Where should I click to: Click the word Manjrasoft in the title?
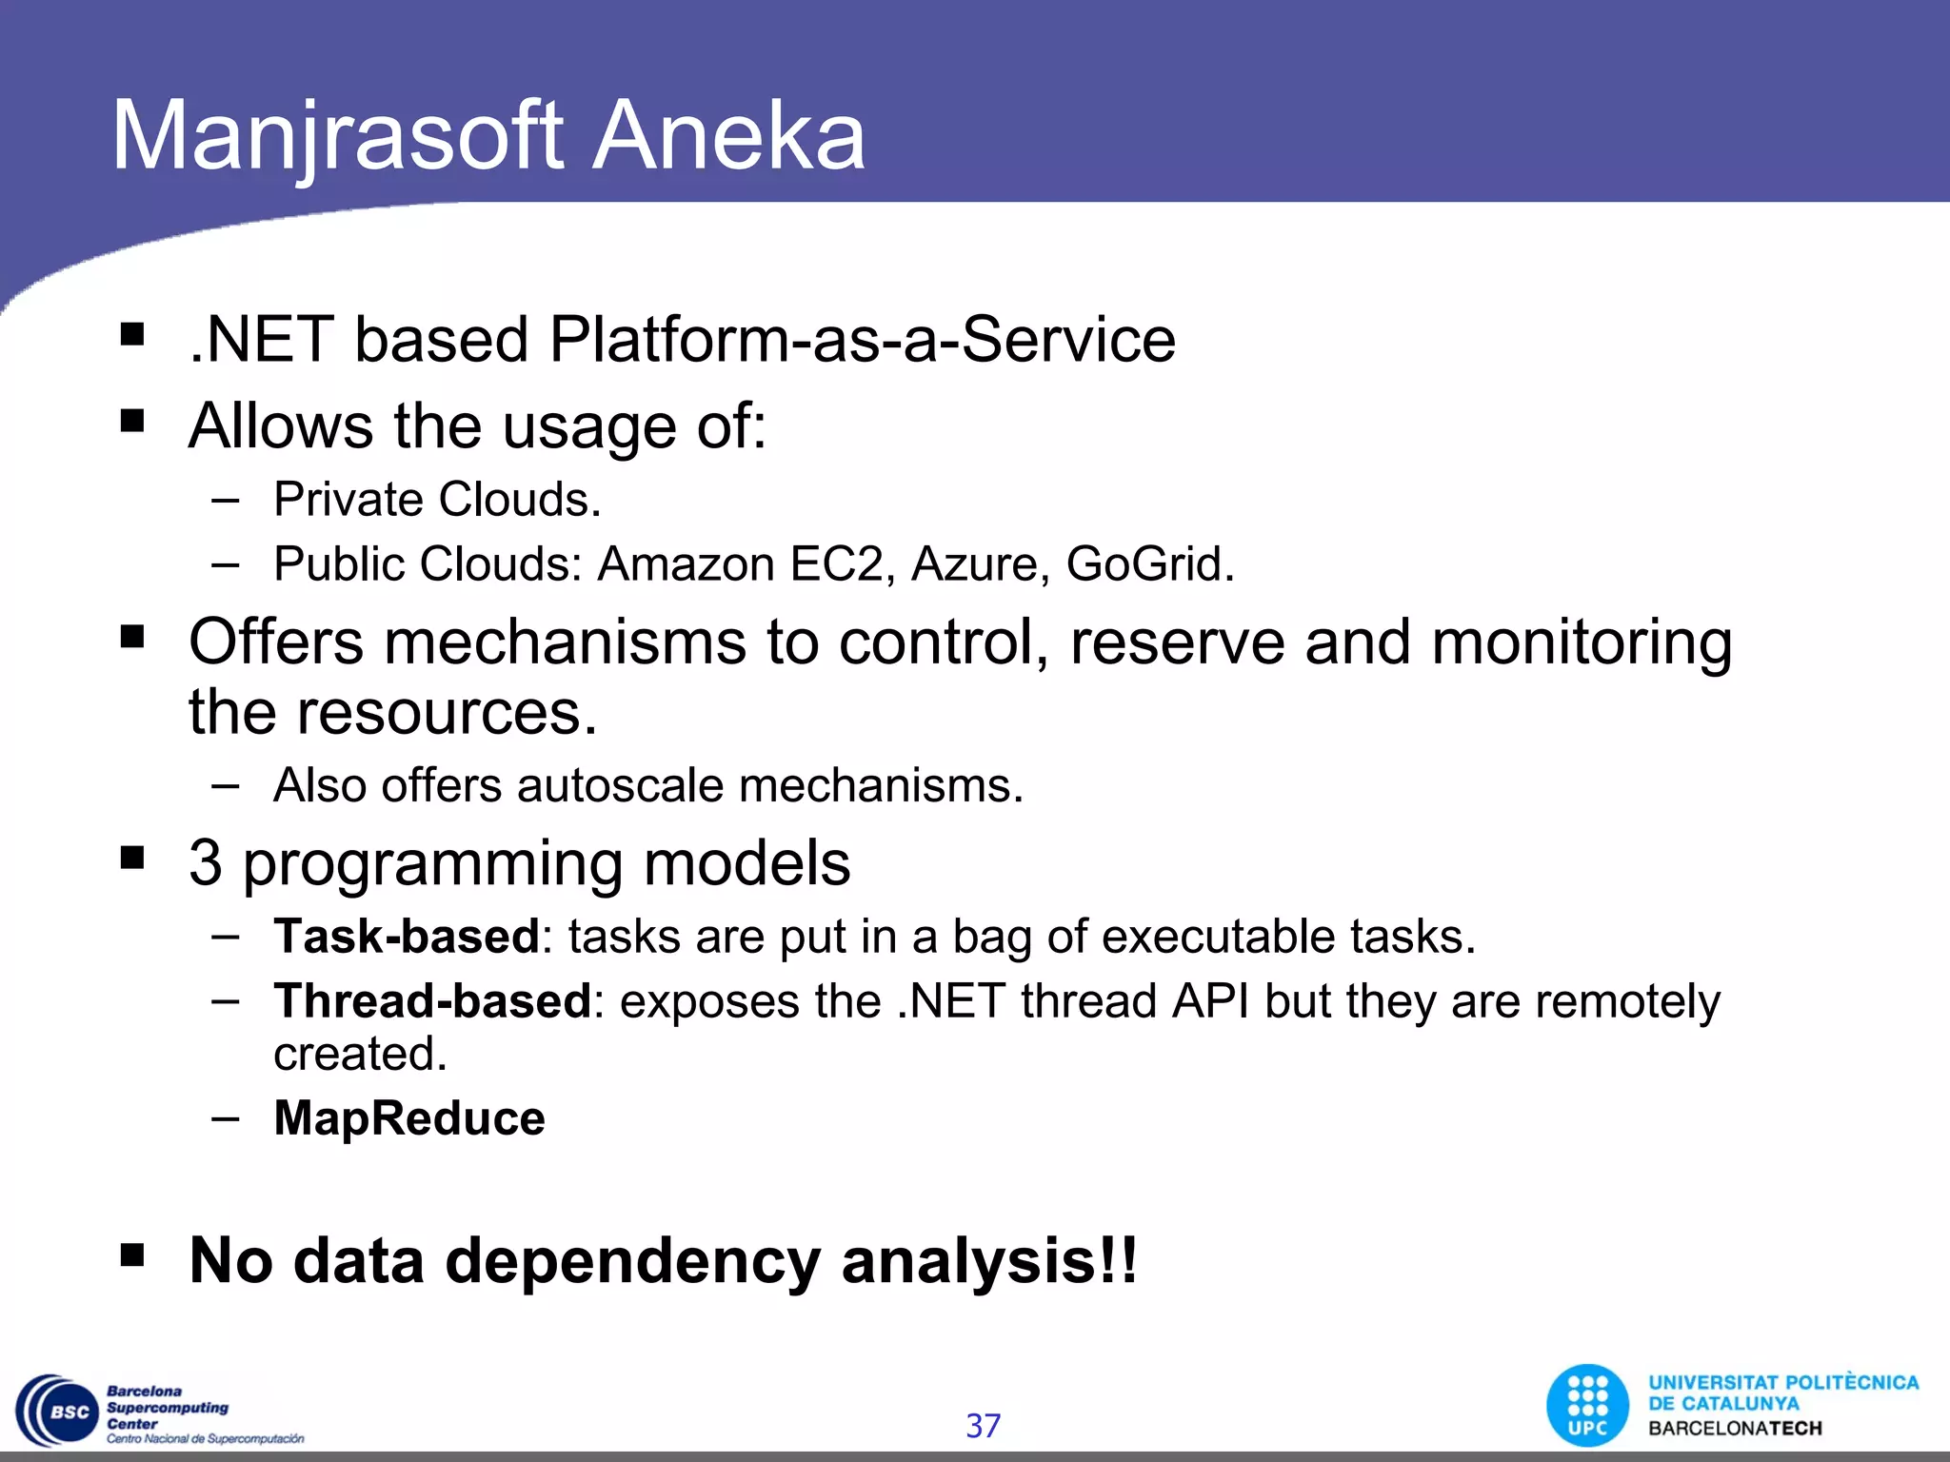[x=338, y=138]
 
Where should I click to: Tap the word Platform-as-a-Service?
[x=862, y=340]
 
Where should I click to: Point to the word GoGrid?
[x=1147, y=564]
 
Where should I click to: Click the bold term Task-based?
[x=407, y=937]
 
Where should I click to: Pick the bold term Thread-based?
[x=432, y=1001]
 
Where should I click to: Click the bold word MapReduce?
[x=409, y=1118]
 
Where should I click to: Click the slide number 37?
[x=983, y=1426]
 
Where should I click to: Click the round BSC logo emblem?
[x=57, y=1412]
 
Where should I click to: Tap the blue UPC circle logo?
[x=1587, y=1406]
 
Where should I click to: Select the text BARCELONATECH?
[x=1735, y=1429]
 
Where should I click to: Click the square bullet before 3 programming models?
[x=132, y=859]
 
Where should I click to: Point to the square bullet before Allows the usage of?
[x=132, y=421]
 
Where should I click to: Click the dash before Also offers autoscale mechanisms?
[x=226, y=786]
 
